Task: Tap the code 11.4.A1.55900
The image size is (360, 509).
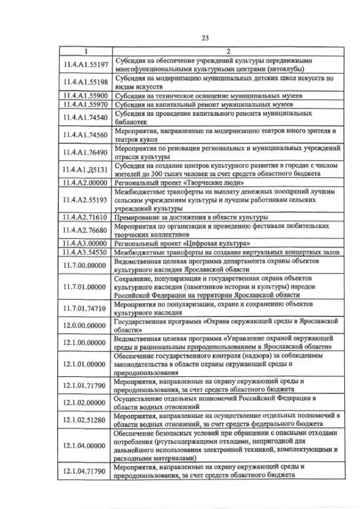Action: coord(86,95)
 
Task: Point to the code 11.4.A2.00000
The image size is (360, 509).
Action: coord(86,183)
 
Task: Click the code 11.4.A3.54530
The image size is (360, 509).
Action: coord(86,253)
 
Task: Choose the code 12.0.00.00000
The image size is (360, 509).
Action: coord(86,325)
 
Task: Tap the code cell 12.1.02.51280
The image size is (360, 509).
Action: coord(86,420)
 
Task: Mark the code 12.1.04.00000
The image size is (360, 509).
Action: coord(86,445)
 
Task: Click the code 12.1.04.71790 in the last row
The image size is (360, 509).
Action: coord(86,471)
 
